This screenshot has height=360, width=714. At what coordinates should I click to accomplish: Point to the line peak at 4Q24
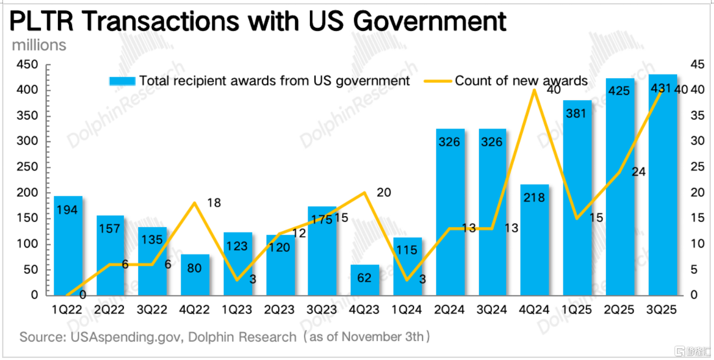534,90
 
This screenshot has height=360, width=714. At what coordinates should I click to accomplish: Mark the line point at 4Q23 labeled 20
365,193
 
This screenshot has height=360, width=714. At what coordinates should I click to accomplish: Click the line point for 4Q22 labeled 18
195,203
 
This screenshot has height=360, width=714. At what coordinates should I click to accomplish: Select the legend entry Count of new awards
521,81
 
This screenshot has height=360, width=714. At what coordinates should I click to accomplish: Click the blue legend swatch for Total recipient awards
123,81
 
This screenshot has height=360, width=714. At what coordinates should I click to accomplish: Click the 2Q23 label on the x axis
280,310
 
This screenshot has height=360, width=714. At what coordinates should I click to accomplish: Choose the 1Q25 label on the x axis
577,310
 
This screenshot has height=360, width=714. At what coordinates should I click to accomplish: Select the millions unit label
39,45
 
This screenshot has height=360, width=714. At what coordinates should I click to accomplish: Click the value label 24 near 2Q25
638,172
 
